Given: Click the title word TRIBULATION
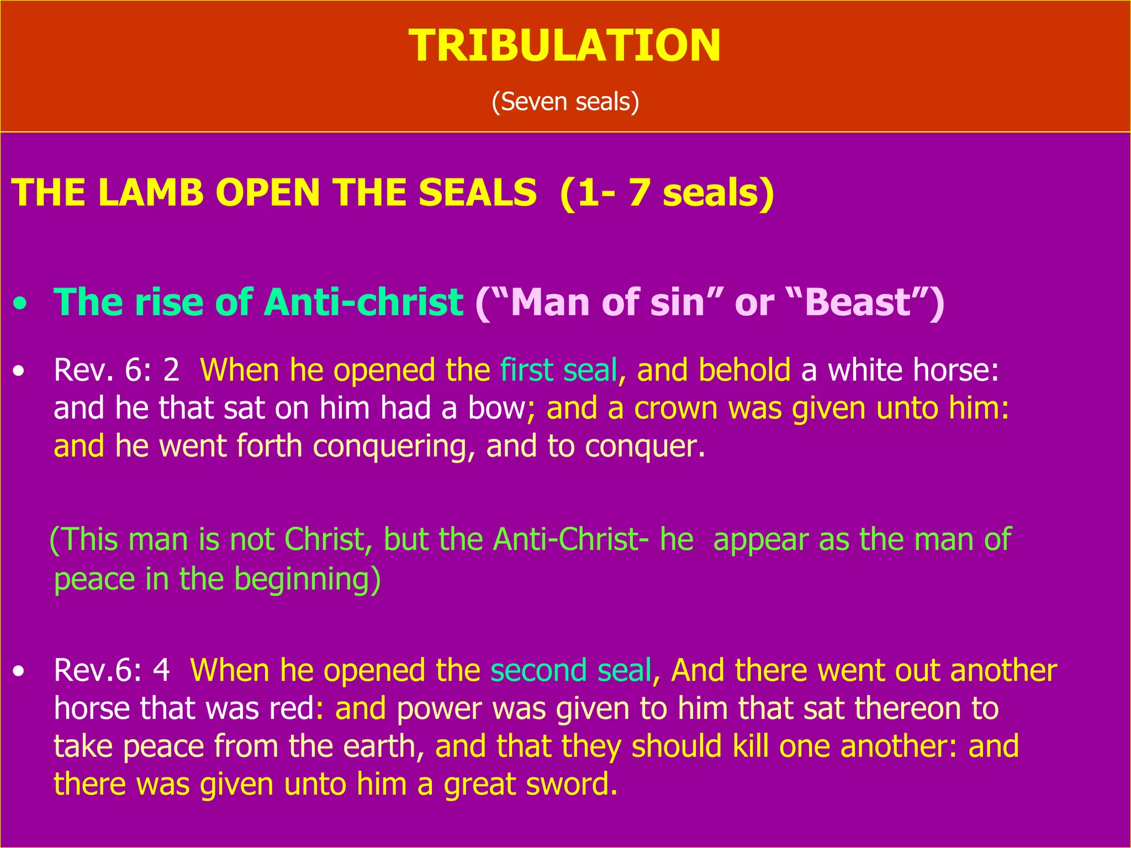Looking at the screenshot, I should tap(564, 46).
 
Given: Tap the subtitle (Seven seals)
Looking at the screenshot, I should tap(565, 102).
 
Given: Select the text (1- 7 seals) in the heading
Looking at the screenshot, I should tap(667, 193).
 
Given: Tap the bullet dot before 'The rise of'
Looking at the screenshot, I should tap(20, 305).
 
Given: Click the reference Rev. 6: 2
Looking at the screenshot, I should tap(117, 369).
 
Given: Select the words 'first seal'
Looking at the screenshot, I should tap(558, 369).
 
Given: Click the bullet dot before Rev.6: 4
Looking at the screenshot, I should tap(19, 671).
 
